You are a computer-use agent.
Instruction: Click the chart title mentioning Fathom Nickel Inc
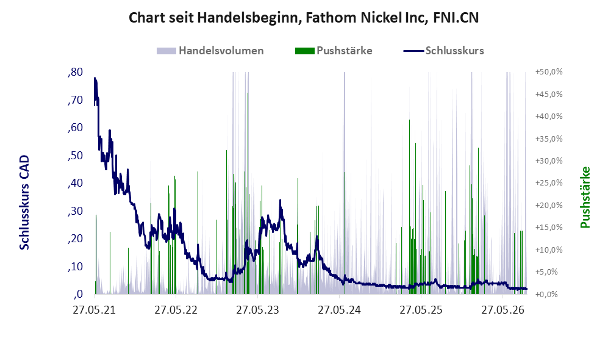tap(304, 18)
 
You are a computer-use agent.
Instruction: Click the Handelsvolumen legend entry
tap(210, 51)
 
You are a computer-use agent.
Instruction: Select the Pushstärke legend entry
tap(334, 51)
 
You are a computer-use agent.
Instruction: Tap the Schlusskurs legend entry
tap(443, 51)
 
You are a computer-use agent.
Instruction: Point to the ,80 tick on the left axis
tap(75, 72)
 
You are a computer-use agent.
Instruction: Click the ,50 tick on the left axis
tap(75, 155)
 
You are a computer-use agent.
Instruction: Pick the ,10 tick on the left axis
tap(75, 267)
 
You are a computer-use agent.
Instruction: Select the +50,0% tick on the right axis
tap(549, 72)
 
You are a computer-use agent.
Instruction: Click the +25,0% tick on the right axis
tap(549, 182)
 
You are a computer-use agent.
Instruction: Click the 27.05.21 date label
tap(95, 310)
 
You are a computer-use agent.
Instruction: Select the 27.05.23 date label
tap(257, 310)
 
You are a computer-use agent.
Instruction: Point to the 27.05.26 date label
tap(503, 310)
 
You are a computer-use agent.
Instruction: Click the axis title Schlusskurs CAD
tap(24, 202)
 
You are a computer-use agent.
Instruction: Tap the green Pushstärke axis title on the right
tap(585, 197)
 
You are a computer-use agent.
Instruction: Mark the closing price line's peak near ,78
tap(95, 78)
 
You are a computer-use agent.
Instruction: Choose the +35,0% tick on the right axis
tap(549, 139)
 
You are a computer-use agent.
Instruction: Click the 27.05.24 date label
tap(339, 310)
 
